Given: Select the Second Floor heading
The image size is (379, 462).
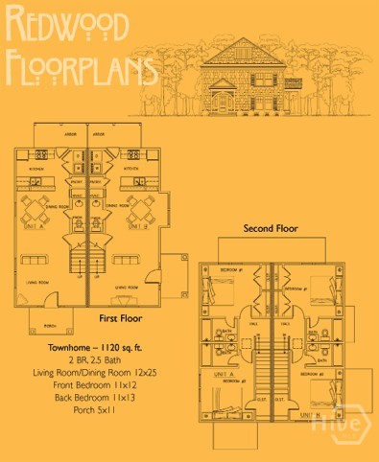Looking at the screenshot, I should coord(271,229).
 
